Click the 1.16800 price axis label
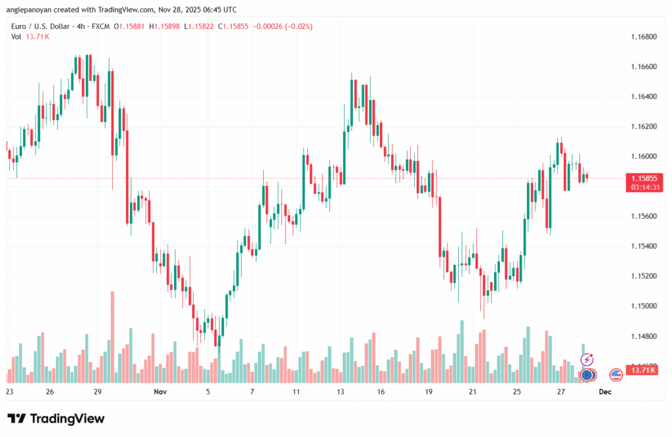[x=643, y=37]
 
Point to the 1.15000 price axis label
[x=643, y=306]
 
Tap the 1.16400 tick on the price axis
[x=643, y=97]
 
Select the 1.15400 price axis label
[x=643, y=246]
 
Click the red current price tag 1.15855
[x=644, y=178]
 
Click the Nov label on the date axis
[x=161, y=391]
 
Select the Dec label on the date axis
[x=605, y=391]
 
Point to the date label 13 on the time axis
[x=341, y=391]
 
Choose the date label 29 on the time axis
[x=97, y=391]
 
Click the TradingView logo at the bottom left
[x=56, y=419]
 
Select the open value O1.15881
[x=131, y=26]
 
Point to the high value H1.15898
[x=167, y=26]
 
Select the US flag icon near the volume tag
[x=616, y=375]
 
